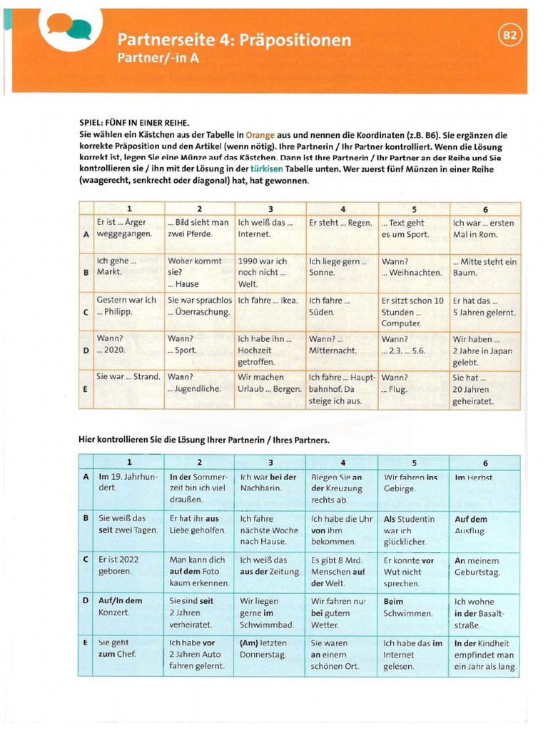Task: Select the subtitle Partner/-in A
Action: click(157, 59)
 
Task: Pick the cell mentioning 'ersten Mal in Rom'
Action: click(484, 228)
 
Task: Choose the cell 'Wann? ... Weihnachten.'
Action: click(412, 267)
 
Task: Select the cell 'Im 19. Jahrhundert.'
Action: click(129, 482)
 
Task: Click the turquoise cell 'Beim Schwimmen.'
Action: click(412, 607)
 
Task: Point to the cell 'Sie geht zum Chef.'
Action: click(129, 647)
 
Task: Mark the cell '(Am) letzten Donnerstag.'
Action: click(270, 647)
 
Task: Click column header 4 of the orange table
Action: click(342, 209)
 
